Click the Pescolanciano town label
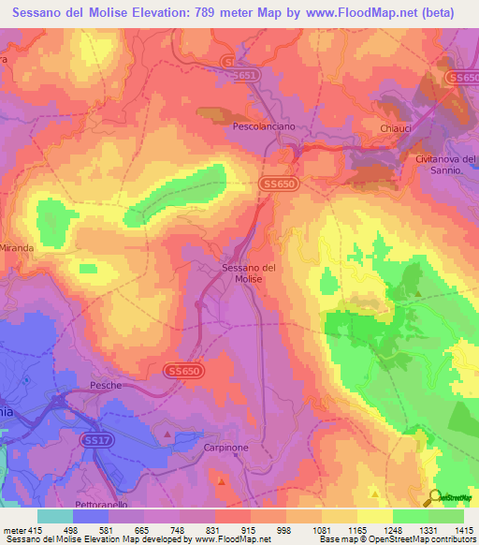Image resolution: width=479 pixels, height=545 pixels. tap(263, 125)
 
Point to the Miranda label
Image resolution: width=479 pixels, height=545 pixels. tap(18, 248)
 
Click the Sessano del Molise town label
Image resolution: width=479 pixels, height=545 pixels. tap(249, 273)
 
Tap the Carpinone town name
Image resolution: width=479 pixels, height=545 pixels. tap(225, 448)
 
